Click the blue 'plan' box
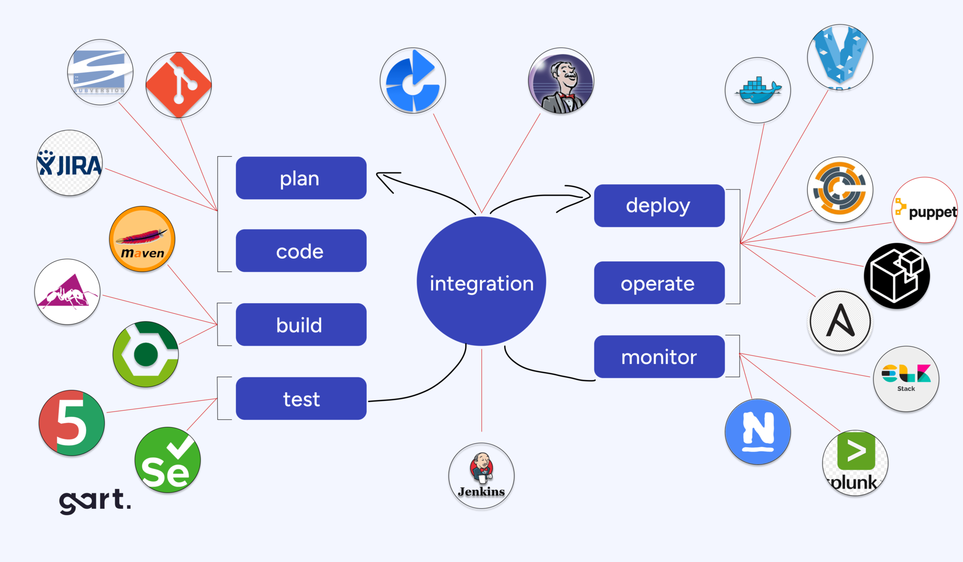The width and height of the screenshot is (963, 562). pyautogui.click(x=301, y=178)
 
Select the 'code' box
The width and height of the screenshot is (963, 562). pyautogui.click(x=301, y=251)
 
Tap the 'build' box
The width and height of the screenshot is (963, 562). pyautogui.click(x=301, y=325)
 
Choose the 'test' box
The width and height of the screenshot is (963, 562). pyautogui.click(x=301, y=399)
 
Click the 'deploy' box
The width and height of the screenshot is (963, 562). pyautogui.click(x=659, y=206)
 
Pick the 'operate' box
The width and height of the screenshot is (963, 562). pyautogui.click(x=659, y=283)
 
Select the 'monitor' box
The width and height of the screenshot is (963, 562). pyautogui.click(x=659, y=357)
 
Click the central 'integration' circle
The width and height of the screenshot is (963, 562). pyautogui.click(x=481, y=282)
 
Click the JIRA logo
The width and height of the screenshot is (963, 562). pyautogui.click(x=70, y=164)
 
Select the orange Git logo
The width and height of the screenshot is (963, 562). pyautogui.click(x=179, y=85)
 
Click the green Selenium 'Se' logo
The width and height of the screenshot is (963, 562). pyautogui.click(x=167, y=460)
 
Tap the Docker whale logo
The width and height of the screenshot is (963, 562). pyautogui.click(x=758, y=91)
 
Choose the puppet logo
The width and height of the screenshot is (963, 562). pyautogui.click(x=925, y=211)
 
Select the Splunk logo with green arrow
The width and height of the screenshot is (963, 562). pyautogui.click(x=855, y=463)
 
